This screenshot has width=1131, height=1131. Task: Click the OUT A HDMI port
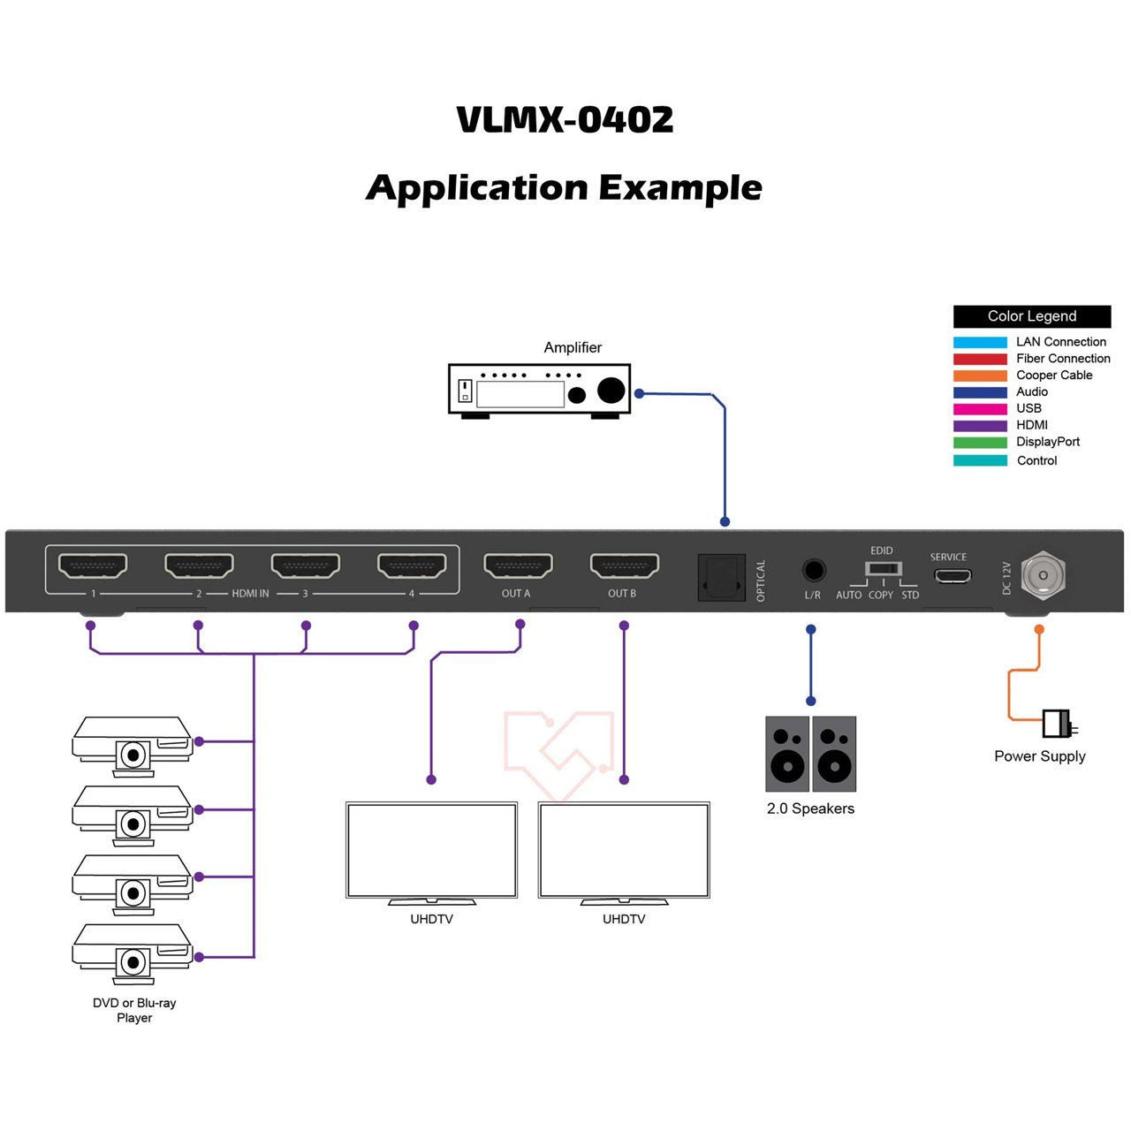(x=518, y=565)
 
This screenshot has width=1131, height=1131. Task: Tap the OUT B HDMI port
(x=624, y=565)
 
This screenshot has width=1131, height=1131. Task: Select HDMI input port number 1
(x=93, y=565)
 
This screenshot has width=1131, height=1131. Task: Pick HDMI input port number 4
(x=412, y=565)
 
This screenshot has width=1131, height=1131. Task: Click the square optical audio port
(x=721, y=578)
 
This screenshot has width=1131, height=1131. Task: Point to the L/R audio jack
(x=813, y=570)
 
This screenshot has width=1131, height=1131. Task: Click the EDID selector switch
(x=883, y=569)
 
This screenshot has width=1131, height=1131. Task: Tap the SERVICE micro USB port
(x=953, y=576)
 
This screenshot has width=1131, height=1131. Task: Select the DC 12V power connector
(x=1043, y=575)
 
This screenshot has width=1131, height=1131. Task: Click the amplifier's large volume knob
(x=611, y=390)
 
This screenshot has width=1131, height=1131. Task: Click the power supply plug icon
(x=1058, y=724)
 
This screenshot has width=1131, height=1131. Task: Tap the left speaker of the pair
(x=787, y=754)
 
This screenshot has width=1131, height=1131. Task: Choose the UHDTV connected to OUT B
(x=624, y=851)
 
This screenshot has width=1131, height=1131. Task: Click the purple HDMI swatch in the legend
(x=980, y=426)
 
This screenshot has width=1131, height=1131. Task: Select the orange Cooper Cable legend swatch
(x=980, y=376)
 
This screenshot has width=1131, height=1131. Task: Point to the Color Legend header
(x=1031, y=316)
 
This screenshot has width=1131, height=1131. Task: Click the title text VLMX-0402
(x=565, y=120)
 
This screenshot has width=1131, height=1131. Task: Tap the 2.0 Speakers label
(x=810, y=808)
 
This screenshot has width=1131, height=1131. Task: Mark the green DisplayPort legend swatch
(x=980, y=443)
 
